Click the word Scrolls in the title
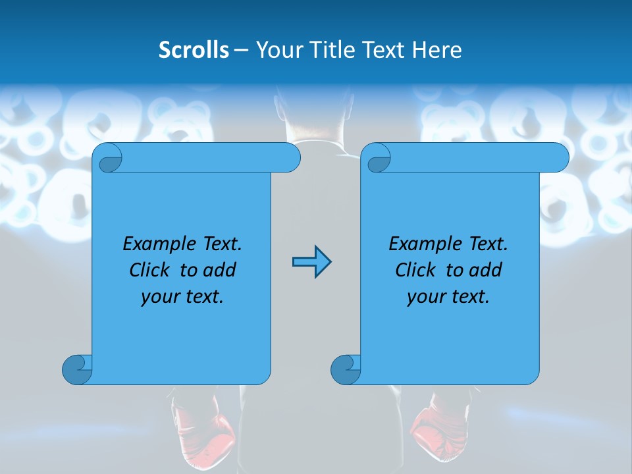194,50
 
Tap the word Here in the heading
437,50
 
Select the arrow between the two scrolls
311,262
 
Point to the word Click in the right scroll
414,270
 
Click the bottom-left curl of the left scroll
77,369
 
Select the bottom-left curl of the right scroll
346,369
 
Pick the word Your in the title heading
278,50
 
